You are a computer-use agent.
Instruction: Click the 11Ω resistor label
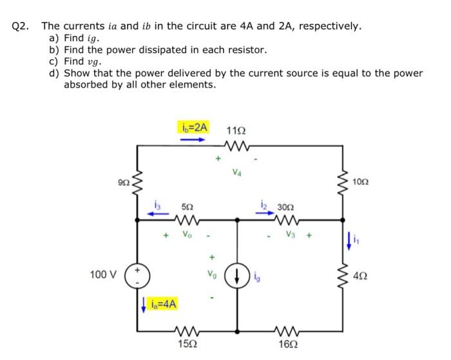pyautogui.click(x=236, y=129)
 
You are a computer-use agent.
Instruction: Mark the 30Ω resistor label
pyautogui.click(x=285, y=207)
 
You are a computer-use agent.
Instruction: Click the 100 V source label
pyautogui.click(x=103, y=275)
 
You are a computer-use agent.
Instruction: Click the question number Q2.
pyautogui.click(x=21, y=26)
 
